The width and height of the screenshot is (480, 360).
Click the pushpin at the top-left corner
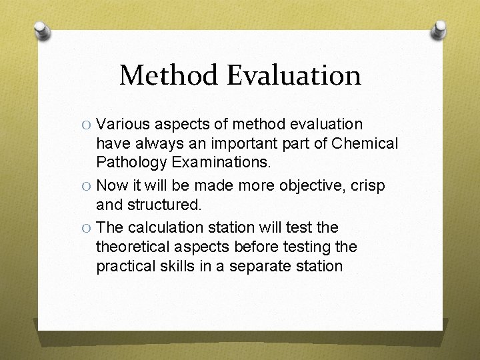pos(41,31)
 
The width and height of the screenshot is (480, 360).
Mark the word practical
pos(124,266)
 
